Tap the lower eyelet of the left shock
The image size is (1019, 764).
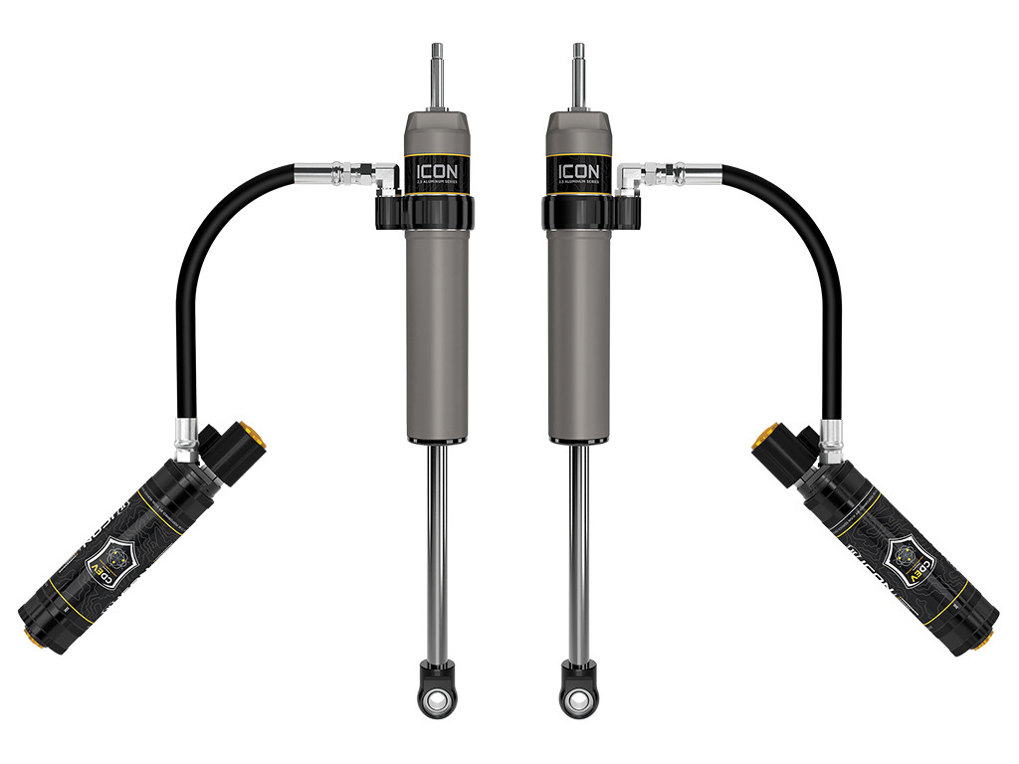[x=436, y=701]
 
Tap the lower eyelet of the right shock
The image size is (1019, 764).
[x=577, y=701]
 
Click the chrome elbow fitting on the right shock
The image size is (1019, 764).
[x=632, y=178]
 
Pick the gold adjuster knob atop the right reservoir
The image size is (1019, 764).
[x=761, y=439]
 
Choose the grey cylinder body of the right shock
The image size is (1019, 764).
[x=577, y=328]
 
